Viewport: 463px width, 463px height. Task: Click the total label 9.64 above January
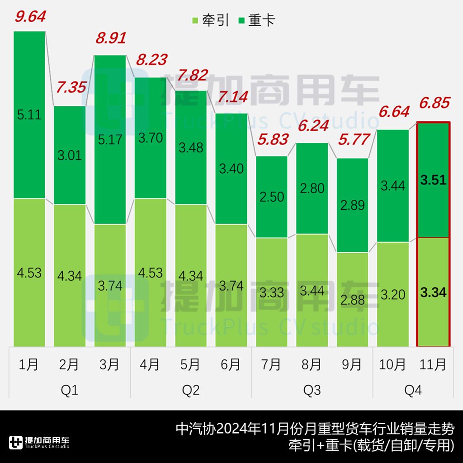pos(30,17)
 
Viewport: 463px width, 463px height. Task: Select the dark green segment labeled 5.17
pos(110,139)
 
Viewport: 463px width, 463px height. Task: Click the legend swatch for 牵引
pos(195,20)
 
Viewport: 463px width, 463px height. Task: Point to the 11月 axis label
pos(433,364)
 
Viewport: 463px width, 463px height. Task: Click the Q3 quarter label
pos(312,390)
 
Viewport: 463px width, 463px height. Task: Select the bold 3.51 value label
pos(433,180)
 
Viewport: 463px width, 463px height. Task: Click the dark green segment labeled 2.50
pos(271,197)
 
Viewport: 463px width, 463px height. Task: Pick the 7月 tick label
pos(271,364)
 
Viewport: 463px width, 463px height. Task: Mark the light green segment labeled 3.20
pos(392,294)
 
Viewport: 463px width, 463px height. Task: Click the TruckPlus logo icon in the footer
pos(16,443)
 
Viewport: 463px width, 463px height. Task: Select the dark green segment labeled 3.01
pos(70,155)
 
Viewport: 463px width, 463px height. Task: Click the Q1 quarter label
pos(69,390)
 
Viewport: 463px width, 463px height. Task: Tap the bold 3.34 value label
pos(433,292)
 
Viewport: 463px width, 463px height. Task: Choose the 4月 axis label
pos(150,364)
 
